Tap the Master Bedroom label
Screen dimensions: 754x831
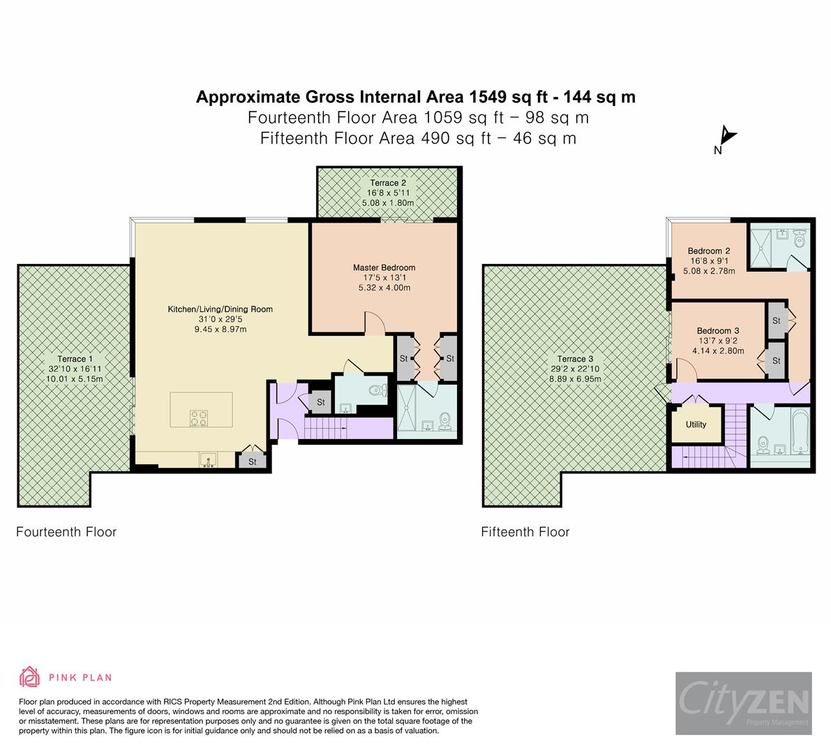click(384, 267)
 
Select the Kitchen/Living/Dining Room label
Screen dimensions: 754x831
click(220, 309)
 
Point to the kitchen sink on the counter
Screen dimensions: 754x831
click(208, 460)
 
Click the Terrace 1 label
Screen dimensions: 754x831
click(72, 359)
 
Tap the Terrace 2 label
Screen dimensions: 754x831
click(388, 184)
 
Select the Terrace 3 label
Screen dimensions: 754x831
click(576, 359)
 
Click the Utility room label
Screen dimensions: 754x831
click(696, 424)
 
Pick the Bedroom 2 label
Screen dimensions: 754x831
click(709, 251)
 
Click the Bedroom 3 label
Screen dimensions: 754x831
click(717, 331)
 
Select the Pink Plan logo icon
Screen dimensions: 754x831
click(29, 677)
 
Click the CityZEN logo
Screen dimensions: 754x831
click(743, 703)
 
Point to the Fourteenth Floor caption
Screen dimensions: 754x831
click(66, 532)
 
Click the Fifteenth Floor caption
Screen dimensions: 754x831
click(525, 532)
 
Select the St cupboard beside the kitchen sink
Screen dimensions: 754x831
click(253, 461)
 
